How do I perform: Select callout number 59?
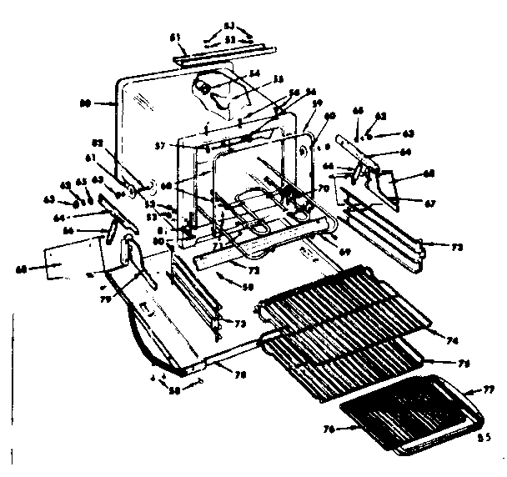coord(317,103)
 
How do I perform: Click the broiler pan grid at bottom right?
coord(409,417)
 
